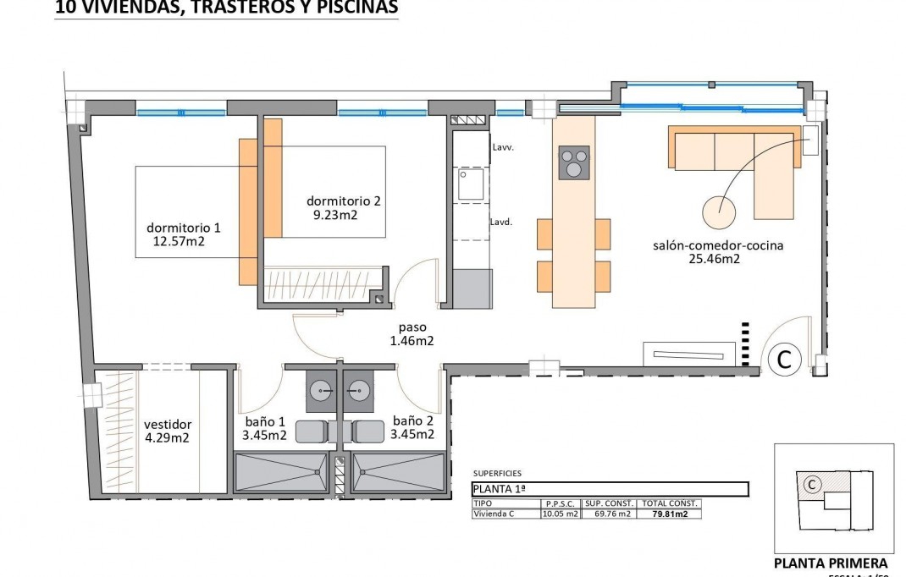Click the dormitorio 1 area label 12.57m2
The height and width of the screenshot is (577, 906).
tap(179, 242)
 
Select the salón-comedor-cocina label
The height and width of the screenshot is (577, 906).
tap(717, 246)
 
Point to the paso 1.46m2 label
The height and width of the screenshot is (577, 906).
tap(412, 335)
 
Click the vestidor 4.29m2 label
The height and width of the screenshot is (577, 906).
tap(167, 431)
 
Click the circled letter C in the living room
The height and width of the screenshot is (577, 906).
tap(784, 360)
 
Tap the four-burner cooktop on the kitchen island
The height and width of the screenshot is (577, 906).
tap(574, 162)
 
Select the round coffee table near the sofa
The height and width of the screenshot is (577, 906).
tap(719, 208)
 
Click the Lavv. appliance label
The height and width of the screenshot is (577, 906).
tap(503, 147)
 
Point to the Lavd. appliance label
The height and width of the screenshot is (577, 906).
tap(503, 223)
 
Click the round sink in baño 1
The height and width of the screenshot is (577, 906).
tap(322, 390)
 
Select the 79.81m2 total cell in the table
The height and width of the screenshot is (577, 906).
tap(670, 514)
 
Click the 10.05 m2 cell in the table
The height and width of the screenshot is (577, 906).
tap(560, 514)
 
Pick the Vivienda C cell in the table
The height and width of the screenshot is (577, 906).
tap(505, 514)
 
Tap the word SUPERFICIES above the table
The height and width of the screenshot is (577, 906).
tap(497, 474)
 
